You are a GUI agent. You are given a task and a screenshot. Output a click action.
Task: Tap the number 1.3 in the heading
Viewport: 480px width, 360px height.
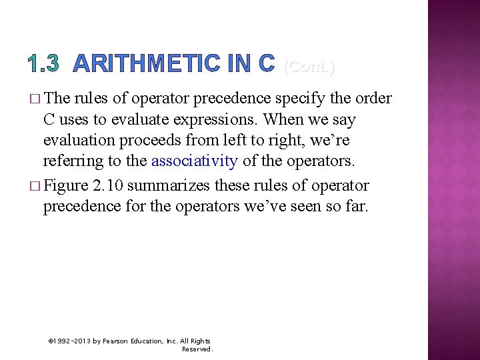tap(44, 64)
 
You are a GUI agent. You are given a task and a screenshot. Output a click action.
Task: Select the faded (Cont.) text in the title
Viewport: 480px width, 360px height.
tap(309, 66)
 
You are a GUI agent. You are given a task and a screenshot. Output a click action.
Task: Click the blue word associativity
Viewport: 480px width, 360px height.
tap(195, 161)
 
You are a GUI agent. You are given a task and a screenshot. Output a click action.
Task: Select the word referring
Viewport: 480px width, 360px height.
tap(73, 161)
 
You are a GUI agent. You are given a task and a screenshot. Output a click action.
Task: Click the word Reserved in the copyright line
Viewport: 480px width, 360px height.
tap(197, 349)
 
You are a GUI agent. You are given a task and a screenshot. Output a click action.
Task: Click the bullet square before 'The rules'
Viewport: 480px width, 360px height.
tap(35, 99)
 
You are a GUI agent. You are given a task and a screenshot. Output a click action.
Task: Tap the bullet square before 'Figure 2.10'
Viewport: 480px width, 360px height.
tap(35, 185)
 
